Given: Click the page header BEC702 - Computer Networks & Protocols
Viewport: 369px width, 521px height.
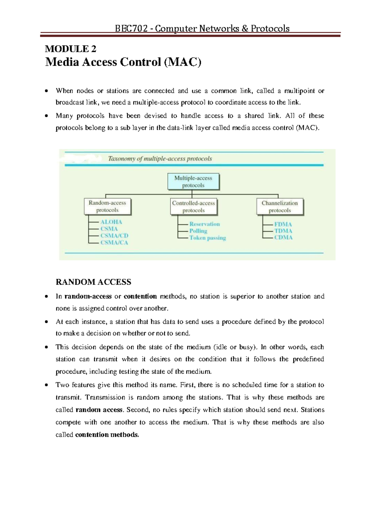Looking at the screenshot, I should tap(202, 29).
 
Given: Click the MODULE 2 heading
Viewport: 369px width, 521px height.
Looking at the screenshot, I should tap(70, 49).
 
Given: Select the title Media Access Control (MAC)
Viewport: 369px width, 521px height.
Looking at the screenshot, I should tap(123, 62).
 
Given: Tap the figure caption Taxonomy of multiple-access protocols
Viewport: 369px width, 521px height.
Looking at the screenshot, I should tap(160, 159).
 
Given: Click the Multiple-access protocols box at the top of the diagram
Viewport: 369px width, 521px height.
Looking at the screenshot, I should tap(193, 181).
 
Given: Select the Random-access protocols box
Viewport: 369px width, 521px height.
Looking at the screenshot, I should tap(107, 206).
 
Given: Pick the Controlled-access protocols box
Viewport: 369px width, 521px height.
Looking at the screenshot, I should tap(193, 207).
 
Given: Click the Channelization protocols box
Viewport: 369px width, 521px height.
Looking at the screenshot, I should tap(280, 207).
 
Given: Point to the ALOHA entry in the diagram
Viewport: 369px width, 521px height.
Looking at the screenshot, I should tap(111, 222).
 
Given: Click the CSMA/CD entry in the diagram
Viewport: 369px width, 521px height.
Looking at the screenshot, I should tap(114, 235).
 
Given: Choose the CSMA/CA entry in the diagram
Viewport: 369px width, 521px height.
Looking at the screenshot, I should tap(114, 243).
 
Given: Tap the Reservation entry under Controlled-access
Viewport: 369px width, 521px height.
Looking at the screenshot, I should tap(204, 224).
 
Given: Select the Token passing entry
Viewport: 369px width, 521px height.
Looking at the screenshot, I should tap(208, 238).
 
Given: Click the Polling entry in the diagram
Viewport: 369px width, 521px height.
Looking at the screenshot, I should tap(198, 231).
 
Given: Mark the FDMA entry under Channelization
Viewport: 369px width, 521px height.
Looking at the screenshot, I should tap(283, 224).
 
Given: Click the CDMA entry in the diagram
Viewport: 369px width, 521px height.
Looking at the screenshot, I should tap(283, 237).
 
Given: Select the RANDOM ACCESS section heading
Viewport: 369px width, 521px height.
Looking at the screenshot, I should tap(93, 282).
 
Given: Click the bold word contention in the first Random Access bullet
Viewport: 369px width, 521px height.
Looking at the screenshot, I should tap(140, 296).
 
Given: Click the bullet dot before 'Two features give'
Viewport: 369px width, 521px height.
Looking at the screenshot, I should tap(46, 385).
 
